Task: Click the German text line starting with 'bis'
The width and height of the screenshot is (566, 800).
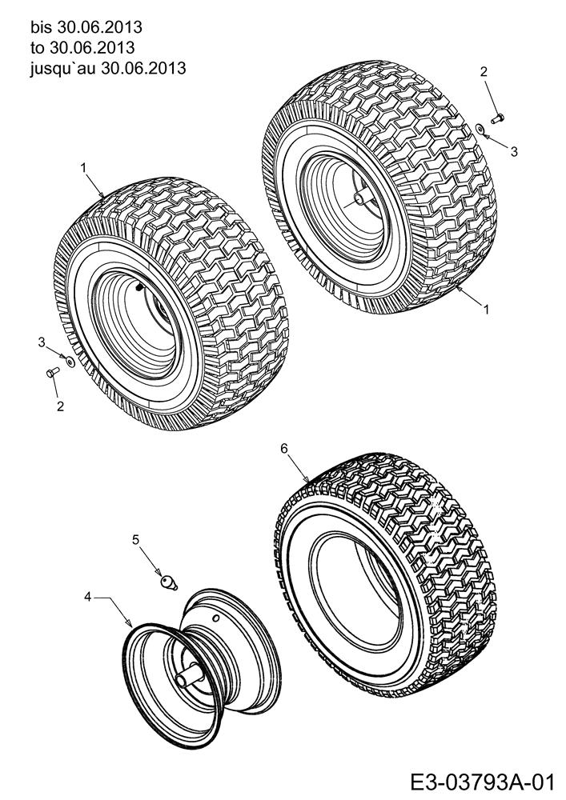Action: (86, 26)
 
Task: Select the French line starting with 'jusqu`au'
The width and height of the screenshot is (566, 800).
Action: (108, 68)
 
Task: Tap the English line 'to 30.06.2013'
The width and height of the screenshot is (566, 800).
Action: (82, 47)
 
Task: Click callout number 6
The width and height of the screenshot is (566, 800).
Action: (284, 448)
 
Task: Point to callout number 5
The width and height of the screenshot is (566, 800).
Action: (135, 539)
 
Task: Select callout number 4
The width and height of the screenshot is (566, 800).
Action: (88, 597)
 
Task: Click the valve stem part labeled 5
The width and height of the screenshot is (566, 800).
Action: (168, 582)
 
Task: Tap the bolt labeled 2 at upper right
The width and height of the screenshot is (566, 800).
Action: (497, 119)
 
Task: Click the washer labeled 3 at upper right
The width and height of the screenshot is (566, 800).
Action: (480, 128)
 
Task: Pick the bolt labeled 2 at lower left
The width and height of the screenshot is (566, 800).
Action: (53, 373)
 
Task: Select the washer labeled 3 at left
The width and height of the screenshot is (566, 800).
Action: (70, 362)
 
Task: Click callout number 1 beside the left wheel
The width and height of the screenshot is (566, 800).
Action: (83, 166)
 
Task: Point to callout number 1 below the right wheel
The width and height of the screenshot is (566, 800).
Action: (486, 309)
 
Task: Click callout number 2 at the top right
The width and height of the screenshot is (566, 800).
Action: (484, 71)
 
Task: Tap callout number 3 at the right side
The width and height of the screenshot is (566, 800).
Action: (514, 151)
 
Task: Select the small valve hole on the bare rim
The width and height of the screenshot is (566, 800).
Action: (216, 618)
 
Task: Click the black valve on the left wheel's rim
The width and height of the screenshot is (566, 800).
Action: (138, 288)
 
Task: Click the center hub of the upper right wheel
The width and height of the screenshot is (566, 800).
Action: (359, 198)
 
